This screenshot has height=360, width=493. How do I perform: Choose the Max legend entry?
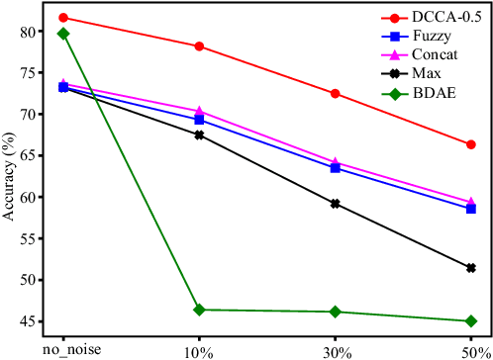[x=413, y=75]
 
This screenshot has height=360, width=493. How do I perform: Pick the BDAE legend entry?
[x=418, y=95]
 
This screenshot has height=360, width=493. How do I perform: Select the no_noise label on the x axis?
[x=63, y=350]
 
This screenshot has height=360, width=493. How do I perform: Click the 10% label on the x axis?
[x=199, y=350]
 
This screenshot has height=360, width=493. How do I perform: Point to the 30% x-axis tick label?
[x=335, y=350]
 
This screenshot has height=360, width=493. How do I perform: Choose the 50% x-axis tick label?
[x=470, y=350]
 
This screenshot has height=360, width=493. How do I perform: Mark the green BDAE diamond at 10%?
[x=199, y=310]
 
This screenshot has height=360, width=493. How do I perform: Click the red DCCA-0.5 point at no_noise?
[x=63, y=18]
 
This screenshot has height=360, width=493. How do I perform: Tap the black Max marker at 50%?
[x=470, y=268]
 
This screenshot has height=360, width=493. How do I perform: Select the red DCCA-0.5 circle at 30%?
[x=335, y=93]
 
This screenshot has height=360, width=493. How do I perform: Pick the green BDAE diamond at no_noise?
[x=63, y=34]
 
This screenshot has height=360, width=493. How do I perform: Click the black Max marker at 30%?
[x=335, y=204]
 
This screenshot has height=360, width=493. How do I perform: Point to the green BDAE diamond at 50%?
[x=470, y=320]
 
